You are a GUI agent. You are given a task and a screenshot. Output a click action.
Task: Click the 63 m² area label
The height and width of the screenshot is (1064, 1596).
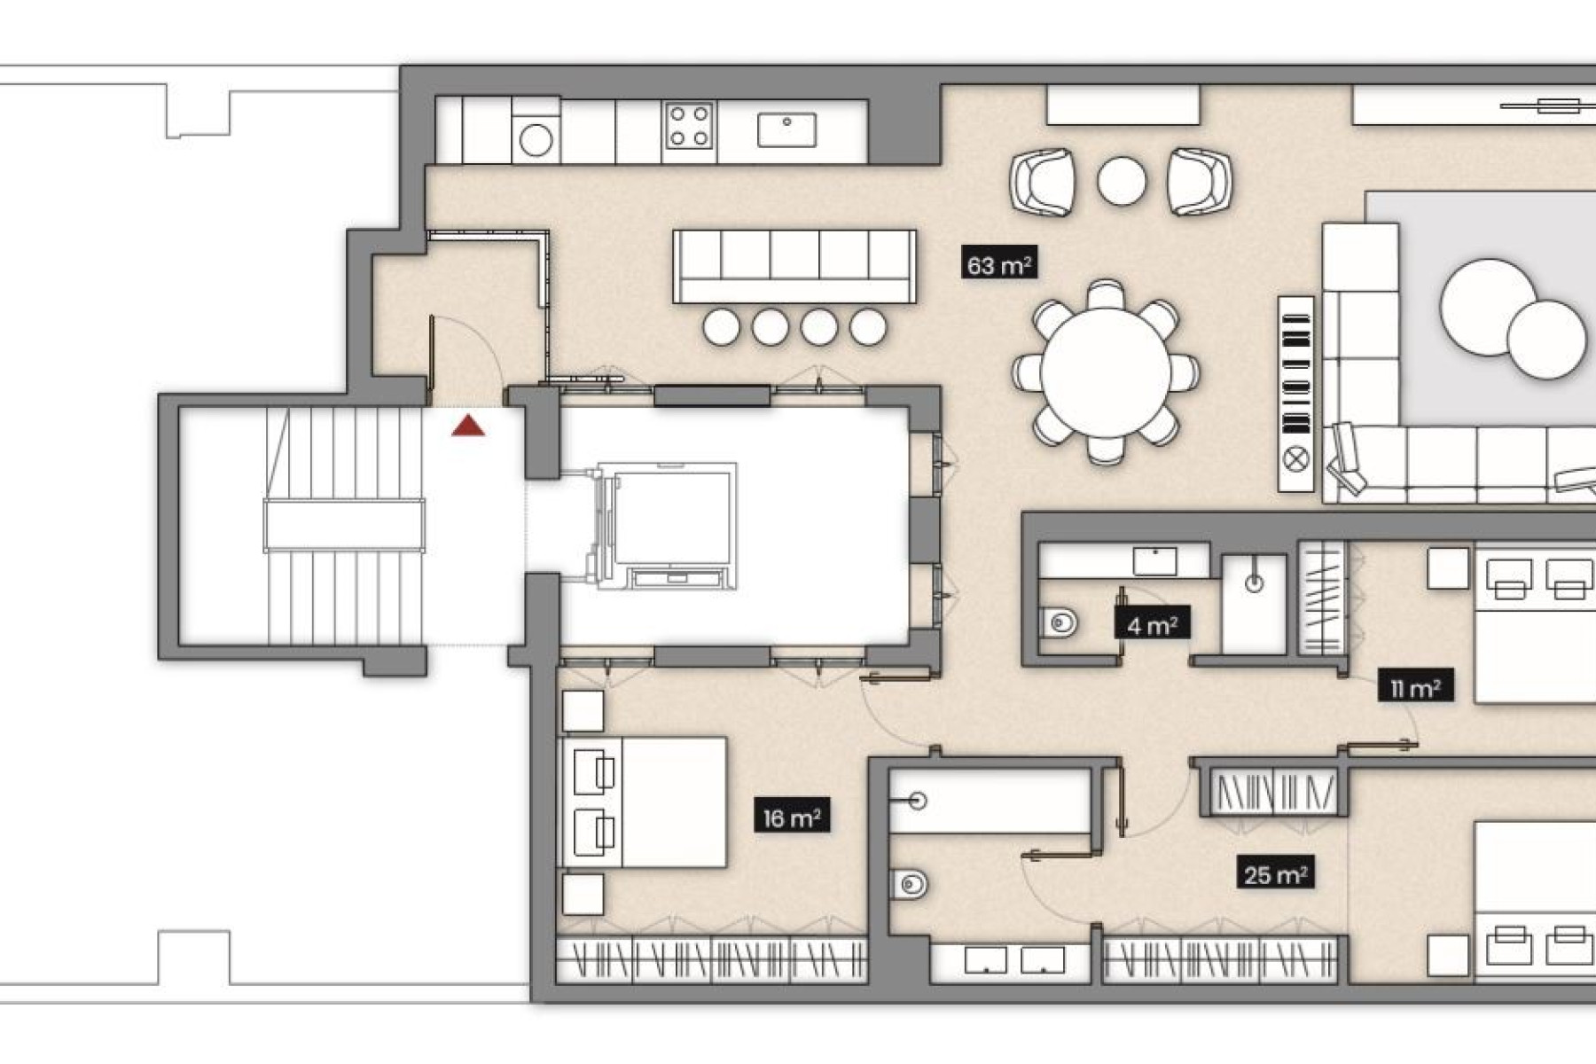pos(999,265)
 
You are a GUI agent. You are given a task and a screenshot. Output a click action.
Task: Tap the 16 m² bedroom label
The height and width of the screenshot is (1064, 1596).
pos(792,818)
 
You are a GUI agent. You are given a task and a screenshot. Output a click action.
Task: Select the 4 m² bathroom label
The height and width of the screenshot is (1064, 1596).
pos(1152,625)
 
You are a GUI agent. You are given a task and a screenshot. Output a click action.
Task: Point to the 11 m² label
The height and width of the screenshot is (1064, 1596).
pos(1415,687)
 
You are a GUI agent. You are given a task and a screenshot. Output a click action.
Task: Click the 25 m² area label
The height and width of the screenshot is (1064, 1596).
pos(1275,875)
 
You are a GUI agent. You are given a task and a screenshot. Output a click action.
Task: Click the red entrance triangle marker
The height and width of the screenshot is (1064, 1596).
pos(468,426)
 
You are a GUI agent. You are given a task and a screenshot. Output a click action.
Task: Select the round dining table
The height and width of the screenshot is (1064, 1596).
pos(1106,372)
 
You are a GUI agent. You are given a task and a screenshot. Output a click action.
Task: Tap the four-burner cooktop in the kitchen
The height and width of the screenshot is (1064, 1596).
pos(689,125)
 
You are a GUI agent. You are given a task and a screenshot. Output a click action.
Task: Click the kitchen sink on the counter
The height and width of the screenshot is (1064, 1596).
pos(786,129)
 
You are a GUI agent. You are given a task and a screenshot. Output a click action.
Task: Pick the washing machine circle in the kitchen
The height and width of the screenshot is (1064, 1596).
pos(536,140)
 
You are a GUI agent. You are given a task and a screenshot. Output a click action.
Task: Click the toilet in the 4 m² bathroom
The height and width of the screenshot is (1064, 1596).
pos(1059,622)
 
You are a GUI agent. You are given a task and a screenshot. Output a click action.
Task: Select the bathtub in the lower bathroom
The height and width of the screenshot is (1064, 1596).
pos(990,802)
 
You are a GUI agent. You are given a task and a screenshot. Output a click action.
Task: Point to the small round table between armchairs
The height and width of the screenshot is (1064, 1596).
pos(1121,181)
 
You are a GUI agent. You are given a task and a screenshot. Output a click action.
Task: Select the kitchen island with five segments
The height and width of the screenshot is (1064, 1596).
pos(794,266)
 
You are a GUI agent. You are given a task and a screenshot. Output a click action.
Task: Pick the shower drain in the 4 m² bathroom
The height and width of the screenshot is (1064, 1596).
pos(1254,583)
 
